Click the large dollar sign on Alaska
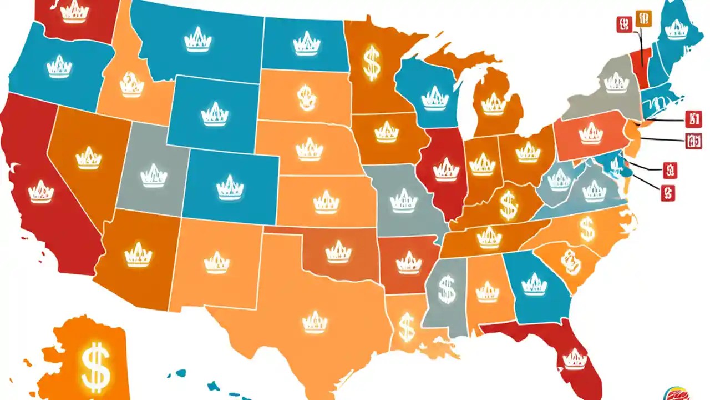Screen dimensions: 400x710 95,364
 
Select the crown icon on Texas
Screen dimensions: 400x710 315,321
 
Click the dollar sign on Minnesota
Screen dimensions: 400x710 372,62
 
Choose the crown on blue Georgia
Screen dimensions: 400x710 534,283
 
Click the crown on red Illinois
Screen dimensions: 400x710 446,169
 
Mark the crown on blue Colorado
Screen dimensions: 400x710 230,187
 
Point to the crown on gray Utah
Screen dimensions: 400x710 154,175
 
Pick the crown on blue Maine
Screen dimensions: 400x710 676,29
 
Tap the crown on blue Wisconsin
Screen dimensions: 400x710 434,98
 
